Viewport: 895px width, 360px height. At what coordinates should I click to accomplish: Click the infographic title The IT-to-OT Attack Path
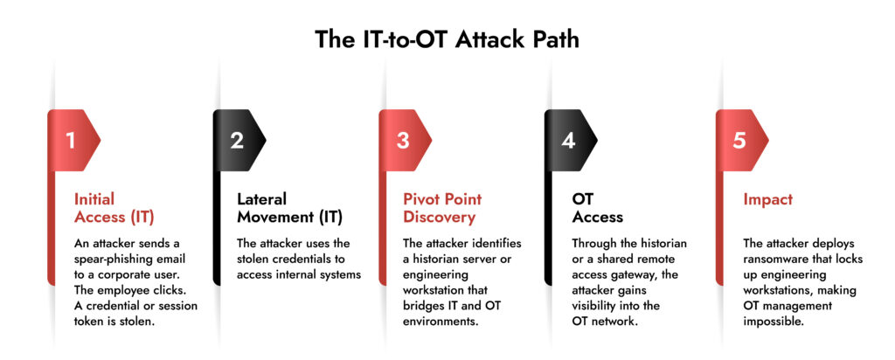tap(447, 40)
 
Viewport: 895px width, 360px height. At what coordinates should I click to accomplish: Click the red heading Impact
tap(768, 200)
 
